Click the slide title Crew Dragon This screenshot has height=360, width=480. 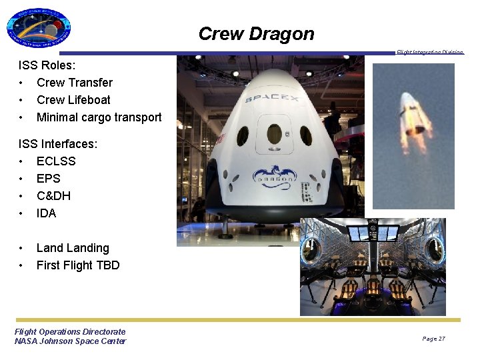click(x=256, y=34)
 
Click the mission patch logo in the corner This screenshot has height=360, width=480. click(x=39, y=29)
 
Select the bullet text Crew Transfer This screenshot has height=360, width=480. click(x=74, y=83)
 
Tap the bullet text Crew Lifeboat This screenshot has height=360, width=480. click(x=73, y=100)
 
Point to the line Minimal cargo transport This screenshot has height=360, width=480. click(x=99, y=117)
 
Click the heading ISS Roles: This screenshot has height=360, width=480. click(x=47, y=65)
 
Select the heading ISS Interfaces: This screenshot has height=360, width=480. click(x=58, y=144)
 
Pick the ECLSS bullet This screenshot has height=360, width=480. click(x=56, y=161)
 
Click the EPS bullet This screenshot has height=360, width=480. click(x=48, y=179)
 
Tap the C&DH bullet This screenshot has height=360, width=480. click(x=53, y=196)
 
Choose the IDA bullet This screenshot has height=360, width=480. click(x=46, y=213)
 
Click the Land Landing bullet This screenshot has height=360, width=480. click(x=73, y=248)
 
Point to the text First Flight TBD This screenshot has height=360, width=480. click(x=78, y=265)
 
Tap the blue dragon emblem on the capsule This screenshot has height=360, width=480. click(x=273, y=175)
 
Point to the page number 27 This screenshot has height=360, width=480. click(x=433, y=339)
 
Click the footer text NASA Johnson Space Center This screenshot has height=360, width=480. click(x=70, y=341)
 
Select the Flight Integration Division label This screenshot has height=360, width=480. click(x=429, y=52)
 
